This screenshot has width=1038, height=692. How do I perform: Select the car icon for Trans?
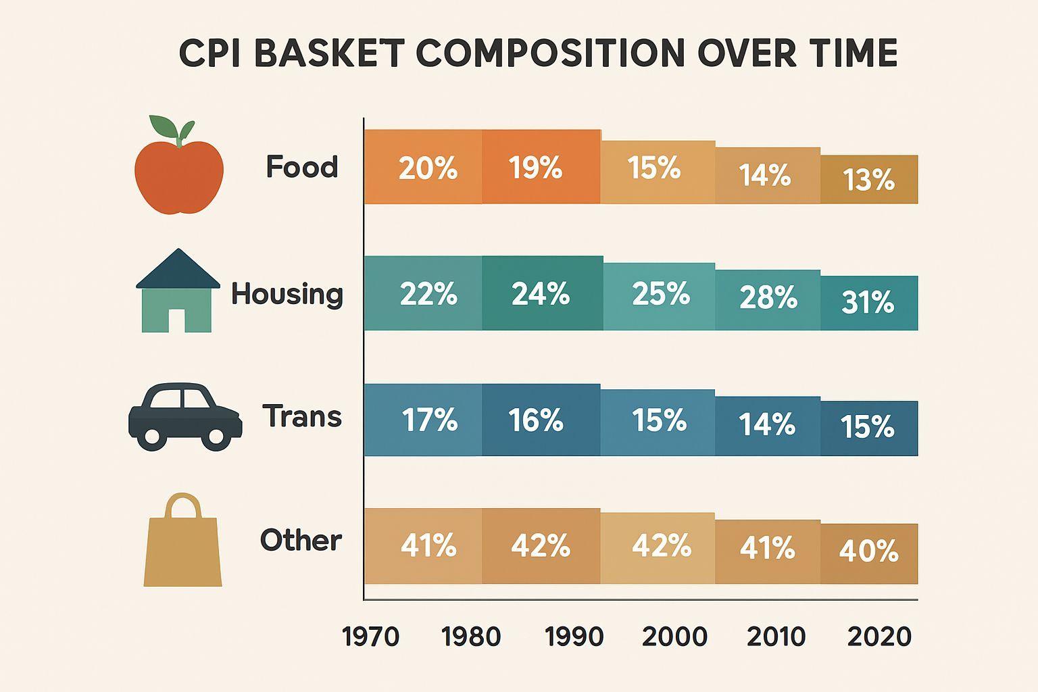click(184, 416)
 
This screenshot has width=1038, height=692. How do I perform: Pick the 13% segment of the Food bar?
click(869, 180)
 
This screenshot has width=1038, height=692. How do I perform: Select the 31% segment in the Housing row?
click(869, 303)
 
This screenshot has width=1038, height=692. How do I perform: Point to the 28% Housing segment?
click(768, 299)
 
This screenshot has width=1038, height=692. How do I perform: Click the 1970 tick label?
click(371, 637)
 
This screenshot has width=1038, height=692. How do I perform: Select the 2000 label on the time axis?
click(674, 637)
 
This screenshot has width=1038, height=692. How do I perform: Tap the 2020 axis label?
click(879, 637)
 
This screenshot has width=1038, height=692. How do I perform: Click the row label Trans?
click(302, 416)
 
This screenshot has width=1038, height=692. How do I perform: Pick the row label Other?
click(301, 540)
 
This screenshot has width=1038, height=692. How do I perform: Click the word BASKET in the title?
click(329, 53)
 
